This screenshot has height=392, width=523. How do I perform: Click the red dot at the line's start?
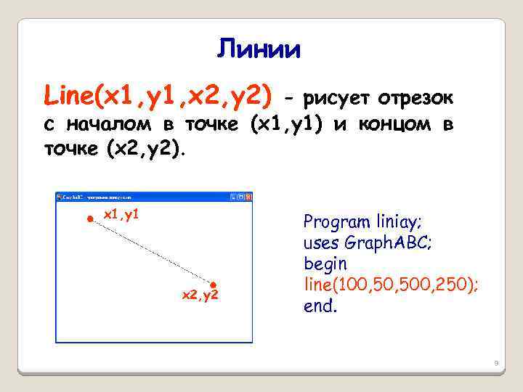(89, 218)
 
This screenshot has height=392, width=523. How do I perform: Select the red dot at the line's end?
(214, 284)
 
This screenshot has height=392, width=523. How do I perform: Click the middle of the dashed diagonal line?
(151, 250)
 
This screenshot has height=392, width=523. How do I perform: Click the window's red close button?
(248, 197)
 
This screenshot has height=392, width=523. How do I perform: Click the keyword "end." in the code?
(320, 306)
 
